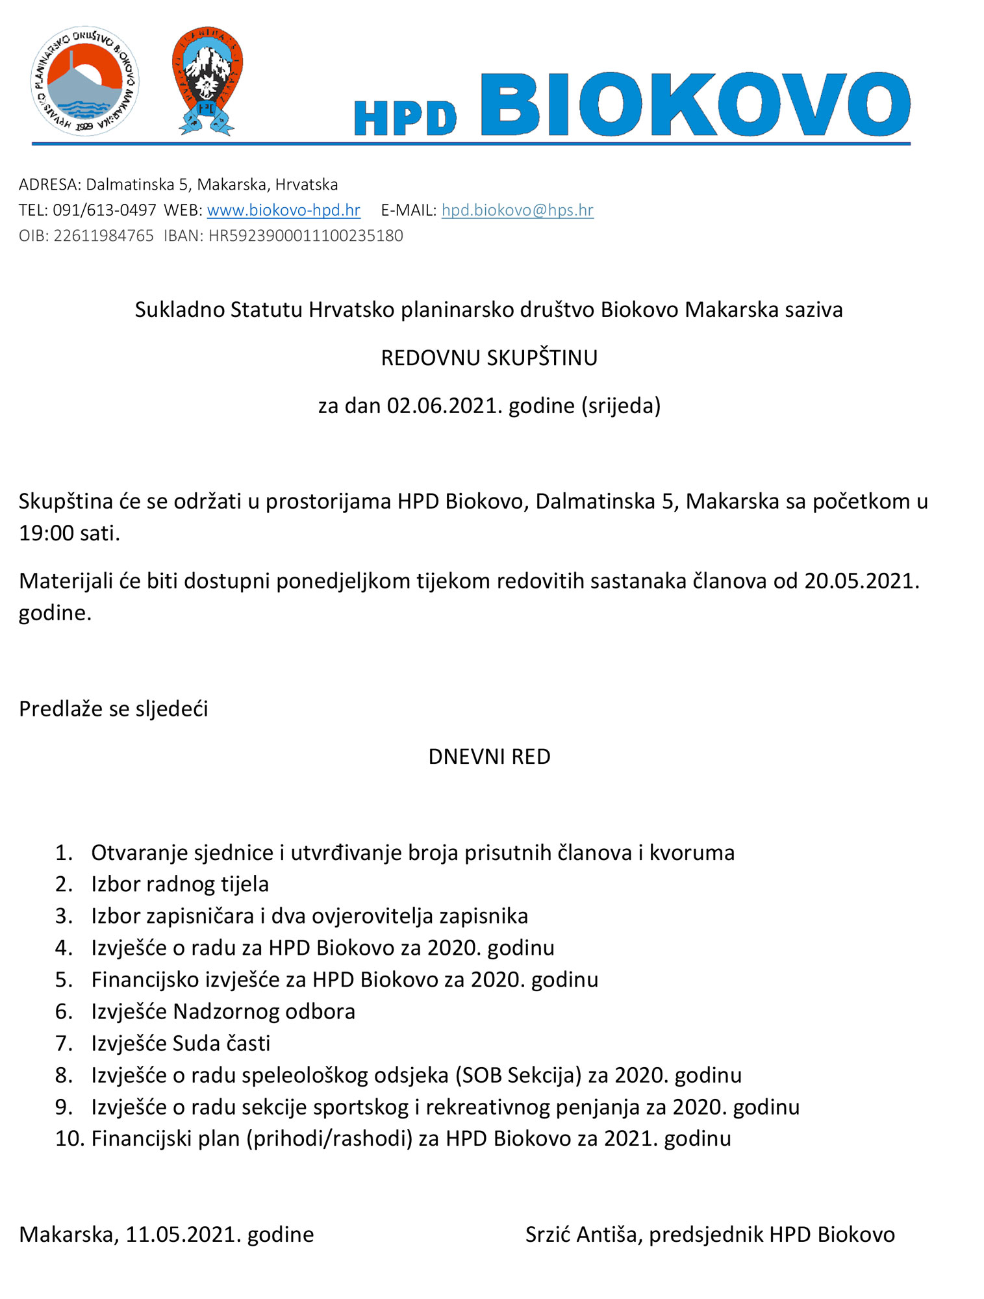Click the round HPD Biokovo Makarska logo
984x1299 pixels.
(x=85, y=82)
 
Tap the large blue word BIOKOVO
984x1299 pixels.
(x=694, y=105)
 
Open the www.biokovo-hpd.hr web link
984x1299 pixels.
(x=283, y=210)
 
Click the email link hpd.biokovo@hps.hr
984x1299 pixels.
(x=517, y=210)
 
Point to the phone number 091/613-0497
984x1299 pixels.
(x=105, y=210)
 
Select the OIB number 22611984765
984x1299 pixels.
(x=103, y=235)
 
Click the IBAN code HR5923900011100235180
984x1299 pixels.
(x=305, y=235)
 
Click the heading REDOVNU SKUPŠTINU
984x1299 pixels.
(x=489, y=358)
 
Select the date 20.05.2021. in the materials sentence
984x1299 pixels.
(x=861, y=581)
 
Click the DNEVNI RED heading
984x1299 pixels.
(x=489, y=757)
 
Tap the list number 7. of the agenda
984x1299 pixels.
(x=64, y=1044)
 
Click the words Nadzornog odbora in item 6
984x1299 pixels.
(x=264, y=1012)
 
